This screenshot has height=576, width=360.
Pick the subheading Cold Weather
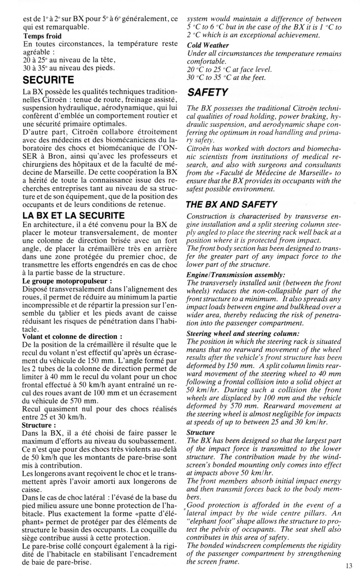(208, 45)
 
